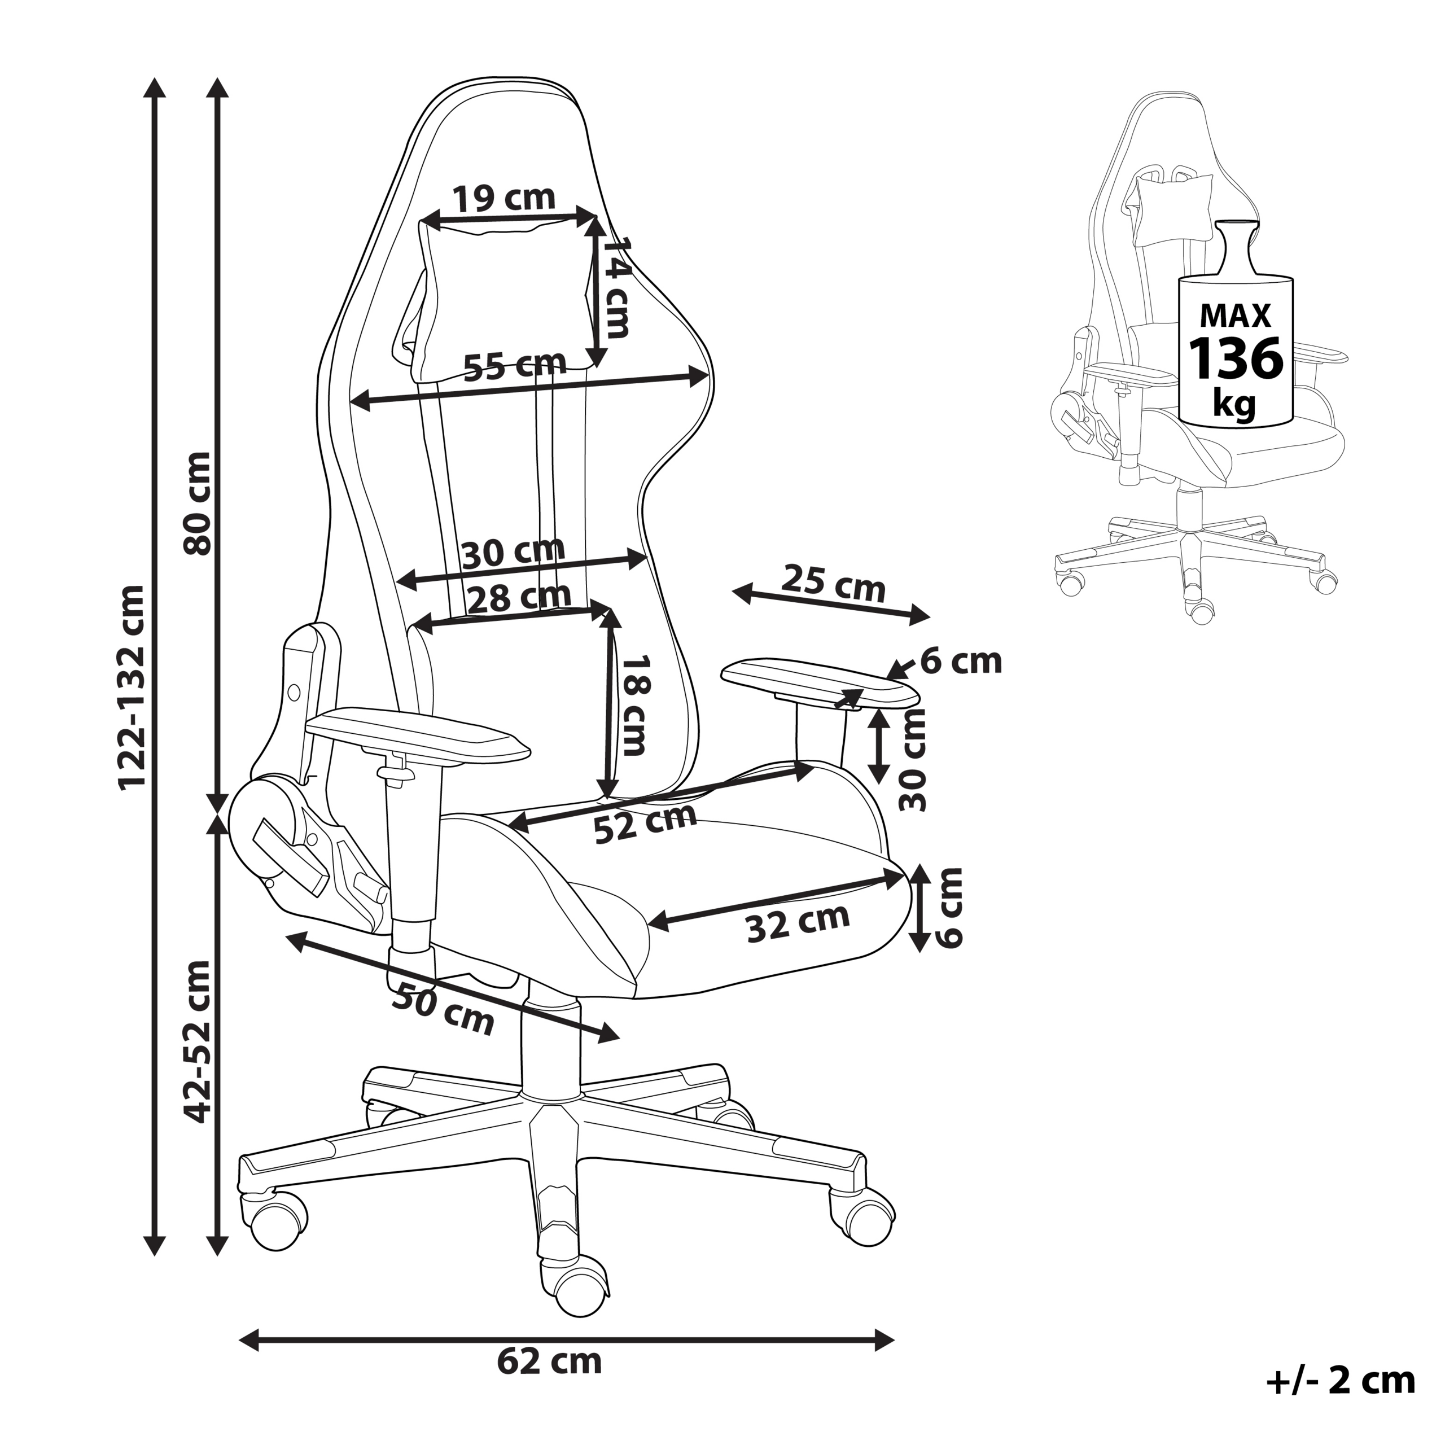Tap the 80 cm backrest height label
pyautogui.click(x=198, y=502)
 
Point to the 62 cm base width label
pyautogui.click(x=549, y=1362)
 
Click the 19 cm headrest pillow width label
pyautogui.click(x=503, y=199)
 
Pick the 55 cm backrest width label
pyautogui.click(x=515, y=366)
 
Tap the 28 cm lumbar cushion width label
pyautogui.click(x=518, y=597)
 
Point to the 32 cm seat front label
pyautogui.click(x=798, y=923)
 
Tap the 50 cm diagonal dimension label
pyautogui.click(x=443, y=1009)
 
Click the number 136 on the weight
pyautogui.click(x=1236, y=360)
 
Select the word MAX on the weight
pyautogui.click(x=1236, y=316)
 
